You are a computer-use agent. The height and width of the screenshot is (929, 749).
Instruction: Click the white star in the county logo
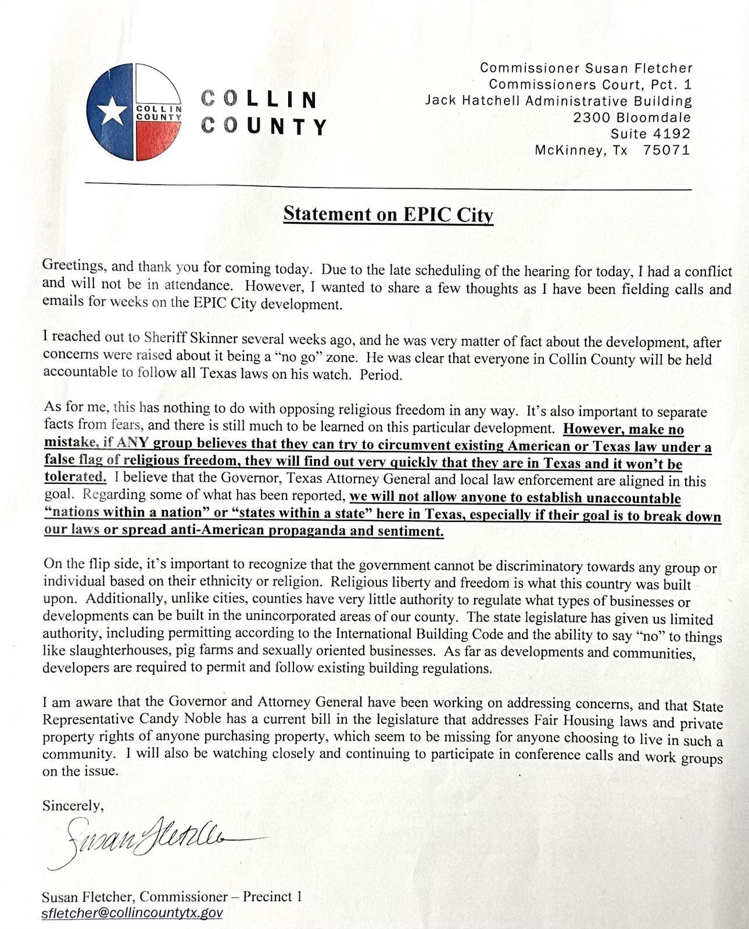click(x=112, y=112)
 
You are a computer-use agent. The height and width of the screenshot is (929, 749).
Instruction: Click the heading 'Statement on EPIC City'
click(x=388, y=214)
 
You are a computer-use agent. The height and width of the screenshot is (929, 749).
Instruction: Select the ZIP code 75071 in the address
click(x=666, y=150)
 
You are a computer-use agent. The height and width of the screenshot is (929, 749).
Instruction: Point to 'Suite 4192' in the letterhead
click(x=650, y=134)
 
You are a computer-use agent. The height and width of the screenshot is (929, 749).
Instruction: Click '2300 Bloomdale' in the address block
click(x=632, y=117)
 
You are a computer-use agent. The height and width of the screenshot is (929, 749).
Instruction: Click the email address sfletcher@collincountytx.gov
click(x=132, y=913)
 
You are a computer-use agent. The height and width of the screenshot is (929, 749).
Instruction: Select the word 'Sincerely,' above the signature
click(x=73, y=805)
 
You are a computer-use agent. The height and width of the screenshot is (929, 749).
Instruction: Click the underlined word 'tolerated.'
click(x=75, y=478)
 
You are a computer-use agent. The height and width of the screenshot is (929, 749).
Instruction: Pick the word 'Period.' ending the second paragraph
click(x=381, y=375)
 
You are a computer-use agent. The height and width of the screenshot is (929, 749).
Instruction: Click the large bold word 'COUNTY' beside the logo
click(x=264, y=125)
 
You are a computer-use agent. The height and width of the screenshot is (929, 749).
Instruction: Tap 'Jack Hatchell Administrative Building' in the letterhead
click(x=558, y=101)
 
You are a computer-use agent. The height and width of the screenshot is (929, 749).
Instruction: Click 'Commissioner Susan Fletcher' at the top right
click(x=586, y=68)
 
